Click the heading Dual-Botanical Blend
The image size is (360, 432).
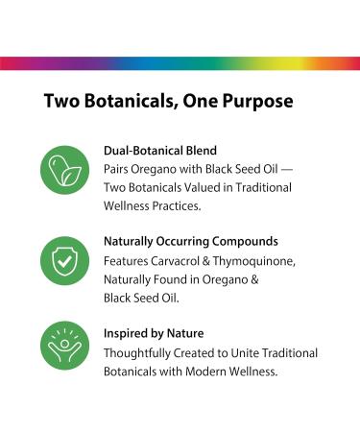click(x=158, y=151)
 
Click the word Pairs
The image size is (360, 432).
click(x=116, y=169)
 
